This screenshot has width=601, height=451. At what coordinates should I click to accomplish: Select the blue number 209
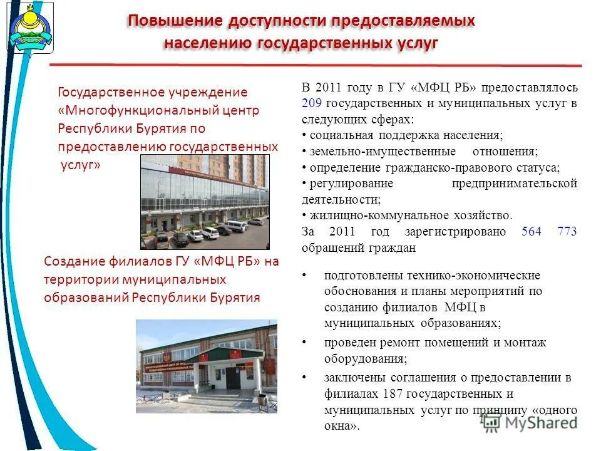(x=311, y=103)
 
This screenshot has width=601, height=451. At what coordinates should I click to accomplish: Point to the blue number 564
(x=531, y=232)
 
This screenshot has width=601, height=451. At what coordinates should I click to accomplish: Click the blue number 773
(x=567, y=232)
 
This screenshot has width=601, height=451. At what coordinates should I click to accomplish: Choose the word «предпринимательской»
(x=514, y=184)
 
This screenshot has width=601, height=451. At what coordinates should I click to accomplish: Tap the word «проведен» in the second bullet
(x=347, y=343)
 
